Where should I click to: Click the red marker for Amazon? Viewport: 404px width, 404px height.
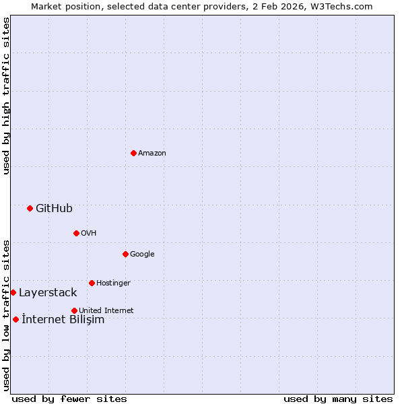[x=133, y=153]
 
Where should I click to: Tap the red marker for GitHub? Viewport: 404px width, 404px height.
[x=30, y=208]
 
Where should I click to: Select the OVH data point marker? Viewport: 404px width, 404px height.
[x=76, y=233]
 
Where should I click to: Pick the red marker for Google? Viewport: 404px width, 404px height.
[x=125, y=254]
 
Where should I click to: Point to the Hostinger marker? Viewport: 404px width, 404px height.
[x=92, y=283]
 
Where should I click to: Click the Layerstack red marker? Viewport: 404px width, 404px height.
[x=13, y=292]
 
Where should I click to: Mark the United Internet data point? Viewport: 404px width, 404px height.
[x=74, y=310]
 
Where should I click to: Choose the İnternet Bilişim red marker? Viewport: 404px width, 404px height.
[x=15, y=319]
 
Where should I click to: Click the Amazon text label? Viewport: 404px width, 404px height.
[x=152, y=153]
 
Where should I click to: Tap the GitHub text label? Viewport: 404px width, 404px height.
[x=54, y=208]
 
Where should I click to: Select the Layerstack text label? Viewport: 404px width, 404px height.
[x=48, y=292]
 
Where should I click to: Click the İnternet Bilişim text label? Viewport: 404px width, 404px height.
[x=63, y=319]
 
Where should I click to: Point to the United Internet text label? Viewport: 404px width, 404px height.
[x=106, y=310]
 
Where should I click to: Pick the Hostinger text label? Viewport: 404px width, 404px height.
[x=113, y=283]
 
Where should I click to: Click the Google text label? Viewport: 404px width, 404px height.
[x=142, y=254]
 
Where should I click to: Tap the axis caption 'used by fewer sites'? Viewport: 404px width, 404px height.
[x=69, y=399]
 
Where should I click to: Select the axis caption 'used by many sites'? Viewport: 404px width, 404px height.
[x=338, y=399]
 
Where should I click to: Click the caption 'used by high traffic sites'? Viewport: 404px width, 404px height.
[x=6, y=96]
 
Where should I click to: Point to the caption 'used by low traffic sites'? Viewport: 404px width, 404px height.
[x=6, y=315]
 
